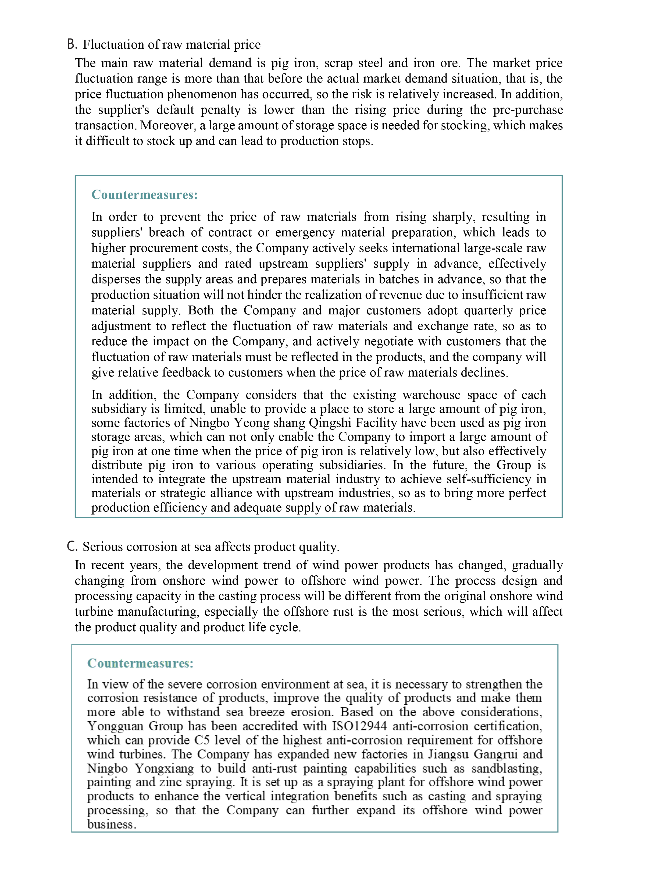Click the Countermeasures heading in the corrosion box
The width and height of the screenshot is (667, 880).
click(140, 663)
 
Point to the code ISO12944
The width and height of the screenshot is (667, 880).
click(359, 726)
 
